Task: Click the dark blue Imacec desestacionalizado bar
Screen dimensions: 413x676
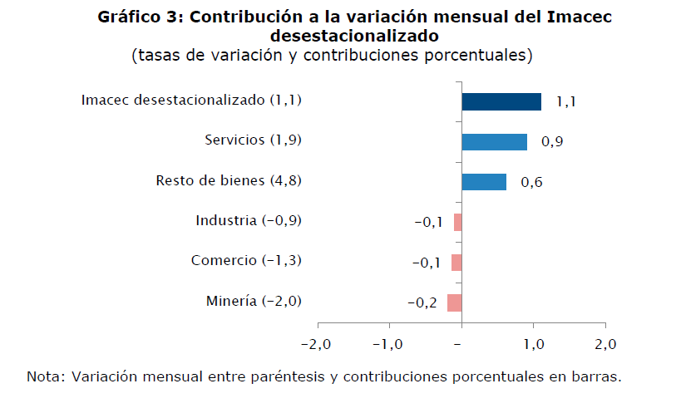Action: point(501,101)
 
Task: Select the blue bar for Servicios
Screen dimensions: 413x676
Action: point(494,142)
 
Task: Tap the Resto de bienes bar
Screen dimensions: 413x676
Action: point(484,182)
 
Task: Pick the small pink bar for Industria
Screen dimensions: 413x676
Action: point(458,222)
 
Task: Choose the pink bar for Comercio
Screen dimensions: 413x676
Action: point(456,262)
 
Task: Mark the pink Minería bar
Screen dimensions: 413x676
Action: point(455,302)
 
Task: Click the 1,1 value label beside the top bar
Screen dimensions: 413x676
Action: point(566,102)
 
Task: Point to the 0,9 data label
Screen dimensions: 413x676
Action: point(552,142)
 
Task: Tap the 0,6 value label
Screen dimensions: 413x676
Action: point(531,182)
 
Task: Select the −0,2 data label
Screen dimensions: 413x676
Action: point(422,302)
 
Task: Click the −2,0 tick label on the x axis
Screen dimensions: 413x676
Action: point(317,344)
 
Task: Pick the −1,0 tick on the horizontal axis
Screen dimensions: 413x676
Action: point(389,344)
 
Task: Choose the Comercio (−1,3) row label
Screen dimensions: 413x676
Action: point(246,261)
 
